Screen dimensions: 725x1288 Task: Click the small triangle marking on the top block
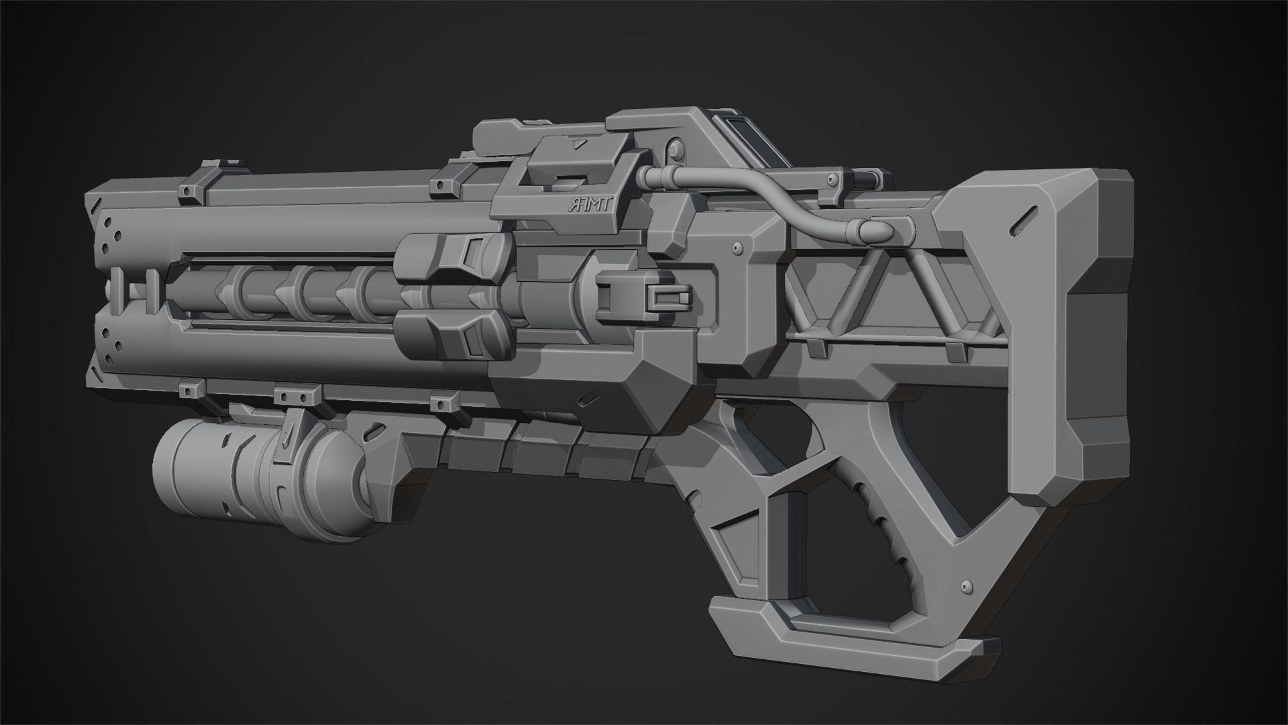pos(575,143)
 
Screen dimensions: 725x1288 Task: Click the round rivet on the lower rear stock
pos(967,584)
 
